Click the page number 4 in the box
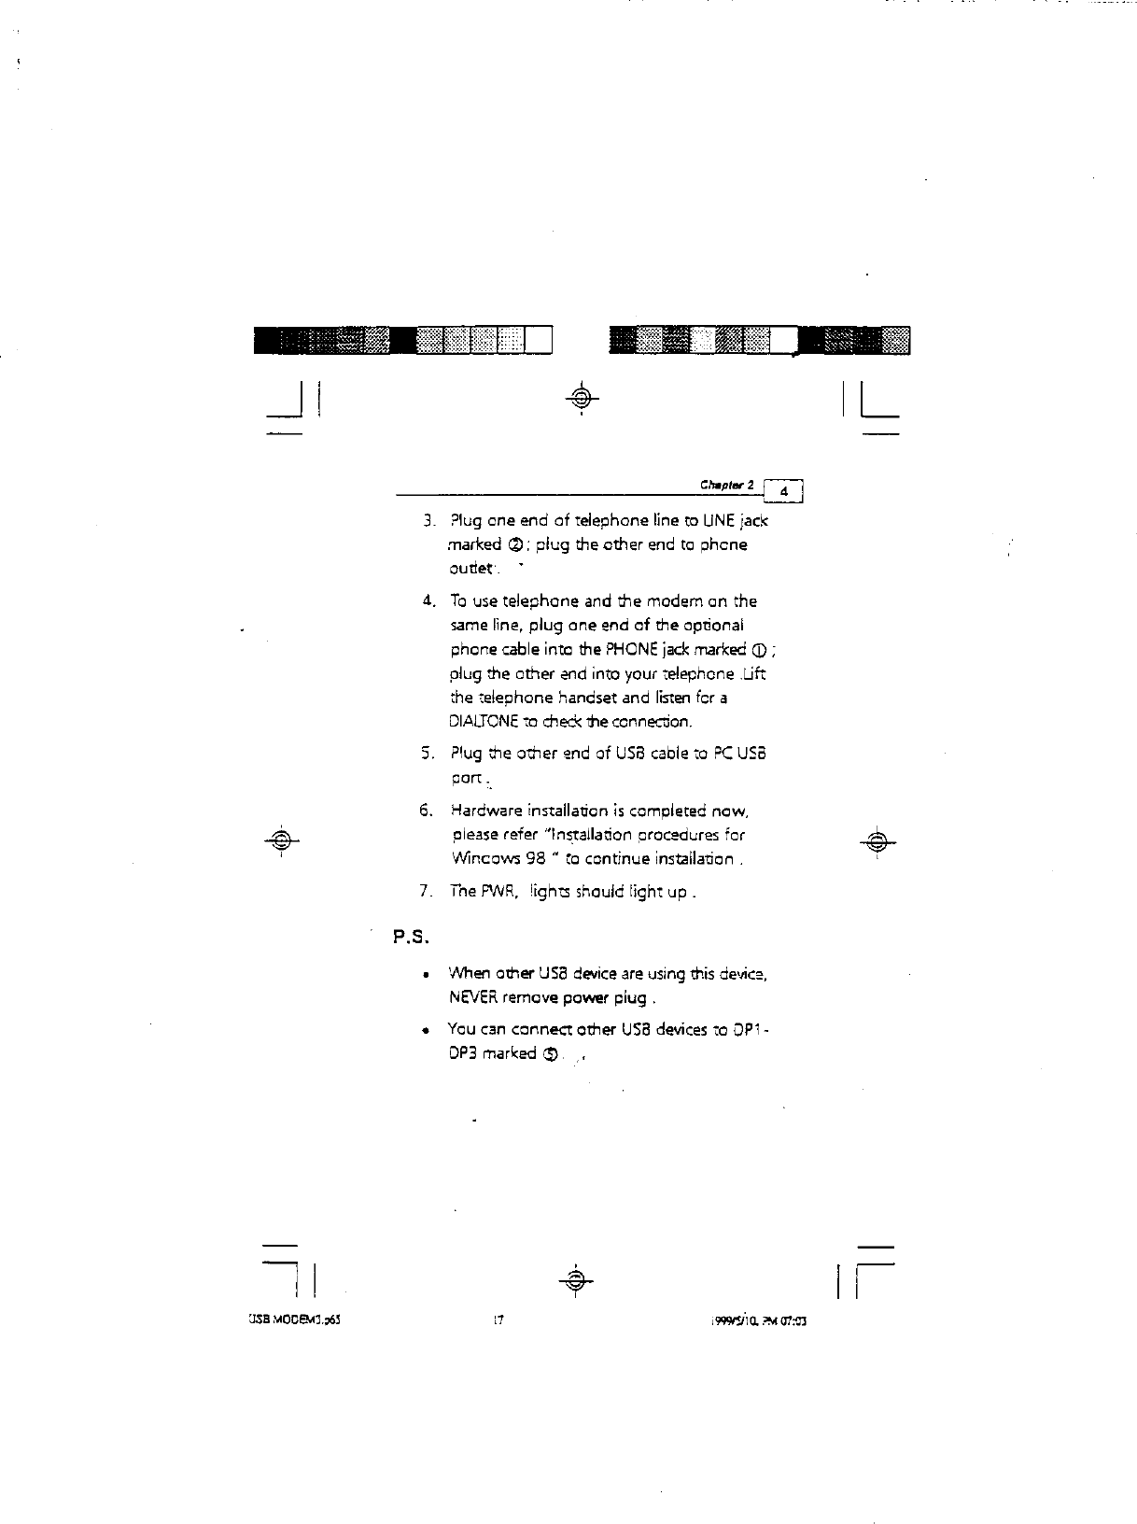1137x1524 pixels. [785, 491]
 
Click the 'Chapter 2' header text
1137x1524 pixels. [727, 486]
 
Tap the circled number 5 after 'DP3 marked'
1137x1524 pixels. [551, 1054]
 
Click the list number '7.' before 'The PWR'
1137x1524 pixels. [426, 891]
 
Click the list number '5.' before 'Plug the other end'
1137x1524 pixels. [426, 753]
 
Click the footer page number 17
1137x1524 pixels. [498, 1321]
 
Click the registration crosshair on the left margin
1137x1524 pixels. [280, 839]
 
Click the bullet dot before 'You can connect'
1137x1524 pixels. [426, 1031]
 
